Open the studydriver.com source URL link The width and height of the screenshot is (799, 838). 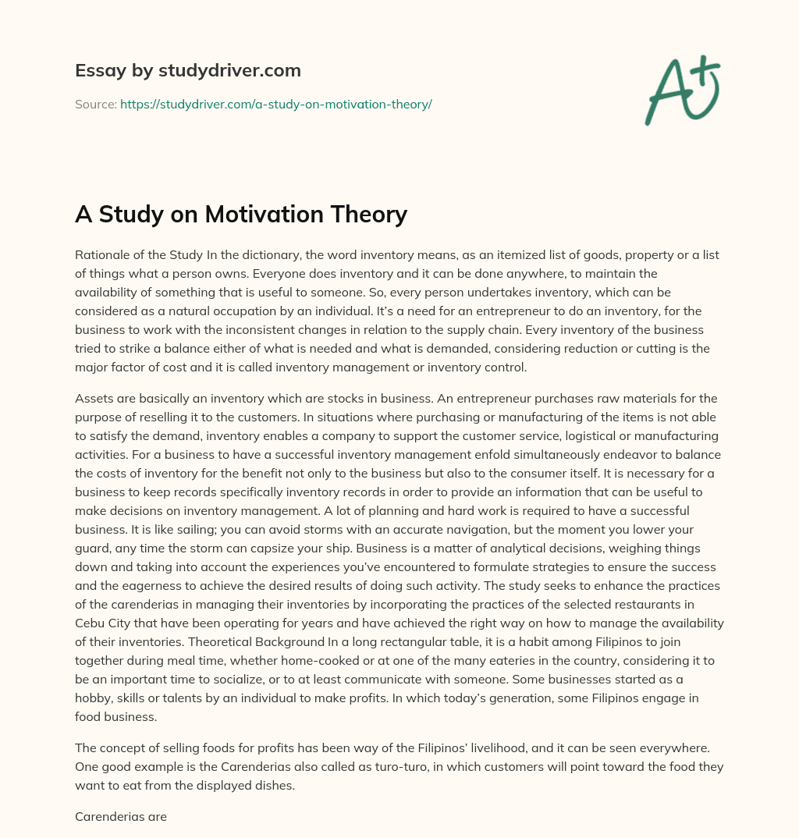pos(275,104)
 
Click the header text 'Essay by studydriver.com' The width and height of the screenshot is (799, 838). pos(187,70)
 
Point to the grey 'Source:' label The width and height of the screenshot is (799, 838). pos(95,104)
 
